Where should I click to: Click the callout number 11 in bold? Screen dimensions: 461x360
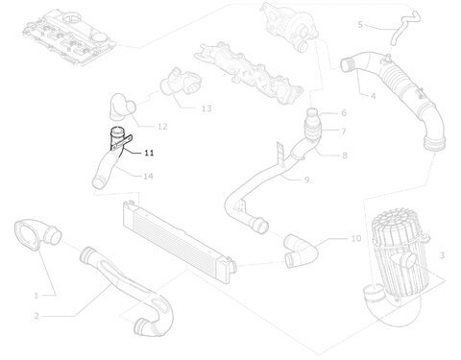pos(149,153)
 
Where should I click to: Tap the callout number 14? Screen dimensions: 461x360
pos(148,176)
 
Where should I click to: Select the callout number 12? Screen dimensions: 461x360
pos(162,127)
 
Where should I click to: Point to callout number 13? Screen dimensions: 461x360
pos(206,108)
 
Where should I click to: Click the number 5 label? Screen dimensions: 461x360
pos(360,25)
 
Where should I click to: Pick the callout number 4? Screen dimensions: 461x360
pos(373,96)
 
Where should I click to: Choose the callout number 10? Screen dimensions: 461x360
pos(356,238)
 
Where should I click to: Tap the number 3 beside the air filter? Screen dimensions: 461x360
pos(442,255)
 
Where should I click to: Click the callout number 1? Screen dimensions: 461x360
pos(36,296)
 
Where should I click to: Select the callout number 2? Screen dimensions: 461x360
pos(36,316)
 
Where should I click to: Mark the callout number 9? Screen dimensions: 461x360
pos(306,180)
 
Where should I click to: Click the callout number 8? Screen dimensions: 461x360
pos(345,156)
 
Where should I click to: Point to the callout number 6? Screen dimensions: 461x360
pos(344,112)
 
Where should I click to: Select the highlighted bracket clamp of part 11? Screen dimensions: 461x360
pos(122,143)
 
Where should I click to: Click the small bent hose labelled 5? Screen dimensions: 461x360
pos(404,28)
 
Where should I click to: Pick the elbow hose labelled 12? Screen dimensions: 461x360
pos(122,108)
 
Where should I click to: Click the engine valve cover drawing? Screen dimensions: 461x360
pos(69,36)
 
